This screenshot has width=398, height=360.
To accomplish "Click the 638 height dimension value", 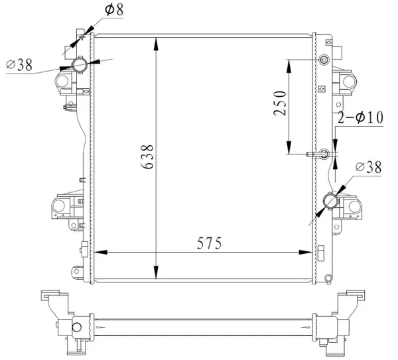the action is [147, 156].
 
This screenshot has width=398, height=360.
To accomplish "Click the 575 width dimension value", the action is [210, 243].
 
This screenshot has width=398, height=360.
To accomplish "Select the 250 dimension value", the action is [280, 103].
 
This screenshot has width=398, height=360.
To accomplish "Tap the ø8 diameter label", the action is [114, 10].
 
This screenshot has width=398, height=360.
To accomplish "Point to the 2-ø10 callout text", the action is [360, 117].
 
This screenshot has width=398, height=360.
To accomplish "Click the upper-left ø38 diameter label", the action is [19, 65].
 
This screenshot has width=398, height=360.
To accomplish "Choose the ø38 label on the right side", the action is [369, 168].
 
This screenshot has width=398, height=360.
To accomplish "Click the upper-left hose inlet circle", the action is [80, 65].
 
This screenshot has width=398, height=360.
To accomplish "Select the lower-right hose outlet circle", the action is [331, 201].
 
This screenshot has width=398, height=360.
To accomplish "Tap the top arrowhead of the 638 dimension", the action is [156, 44].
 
